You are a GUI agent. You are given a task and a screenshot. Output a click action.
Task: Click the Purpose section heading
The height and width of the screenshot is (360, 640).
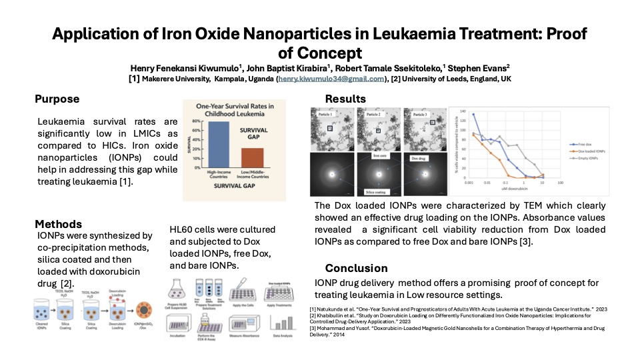point(57,99)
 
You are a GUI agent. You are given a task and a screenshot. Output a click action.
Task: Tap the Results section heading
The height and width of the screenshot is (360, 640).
point(345,99)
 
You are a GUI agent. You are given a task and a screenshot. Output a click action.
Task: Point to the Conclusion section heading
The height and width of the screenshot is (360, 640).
point(356,268)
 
